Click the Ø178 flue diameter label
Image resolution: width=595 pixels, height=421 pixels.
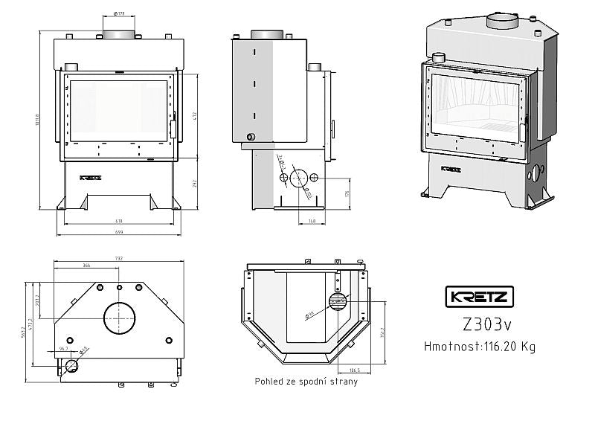click(120, 14)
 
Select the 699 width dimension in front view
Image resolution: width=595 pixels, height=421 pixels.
click(119, 233)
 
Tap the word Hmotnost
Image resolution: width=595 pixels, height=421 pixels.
click(449, 346)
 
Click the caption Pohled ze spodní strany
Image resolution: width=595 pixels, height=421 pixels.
click(304, 382)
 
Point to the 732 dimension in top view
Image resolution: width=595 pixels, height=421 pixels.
click(119, 258)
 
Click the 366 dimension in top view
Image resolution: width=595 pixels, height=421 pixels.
click(86, 265)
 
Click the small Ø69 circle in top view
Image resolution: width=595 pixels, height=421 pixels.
click(72, 364)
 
